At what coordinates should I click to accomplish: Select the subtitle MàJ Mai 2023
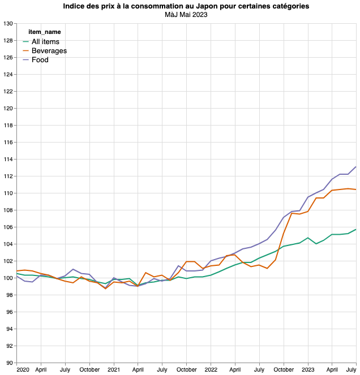[186, 15]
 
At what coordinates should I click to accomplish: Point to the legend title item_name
[44, 32]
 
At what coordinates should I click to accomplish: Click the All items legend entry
[45, 42]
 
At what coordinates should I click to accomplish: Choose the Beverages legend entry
[49, 51]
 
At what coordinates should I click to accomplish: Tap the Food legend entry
[40, 60]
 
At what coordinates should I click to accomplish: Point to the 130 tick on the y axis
[8, 24]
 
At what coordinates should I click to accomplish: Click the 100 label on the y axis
[8, 278]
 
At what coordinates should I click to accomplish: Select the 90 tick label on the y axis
[10, 363]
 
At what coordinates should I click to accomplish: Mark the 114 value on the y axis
[8, 160]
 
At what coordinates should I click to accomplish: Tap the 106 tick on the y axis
[8, 227]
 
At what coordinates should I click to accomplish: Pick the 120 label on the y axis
[8, 109]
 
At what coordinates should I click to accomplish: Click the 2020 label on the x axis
[23, 369]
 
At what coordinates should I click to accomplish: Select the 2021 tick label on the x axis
[114, 369]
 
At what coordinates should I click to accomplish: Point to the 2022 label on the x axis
[211, 369]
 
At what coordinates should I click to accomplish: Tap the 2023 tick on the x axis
[308, 369]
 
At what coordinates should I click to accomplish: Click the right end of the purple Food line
[356, 167]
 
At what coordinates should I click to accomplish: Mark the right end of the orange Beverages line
[356, 189]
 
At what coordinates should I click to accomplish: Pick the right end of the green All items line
[356, 230]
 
